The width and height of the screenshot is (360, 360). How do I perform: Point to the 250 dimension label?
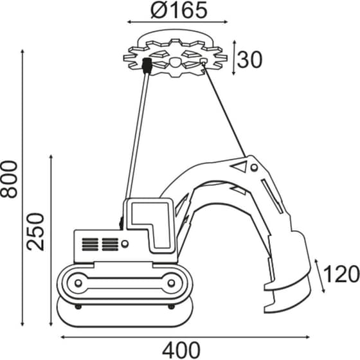(x=38, y=231)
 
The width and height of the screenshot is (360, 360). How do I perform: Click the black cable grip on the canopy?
(x=147, y=66)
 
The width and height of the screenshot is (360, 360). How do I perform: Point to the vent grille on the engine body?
(x=99, y=244)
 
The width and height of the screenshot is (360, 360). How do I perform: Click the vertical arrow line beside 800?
(x=24, y=186)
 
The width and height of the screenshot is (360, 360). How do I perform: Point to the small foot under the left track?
(x=78, y=307)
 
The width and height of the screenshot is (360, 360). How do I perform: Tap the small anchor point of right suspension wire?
(x=204, y=62)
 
